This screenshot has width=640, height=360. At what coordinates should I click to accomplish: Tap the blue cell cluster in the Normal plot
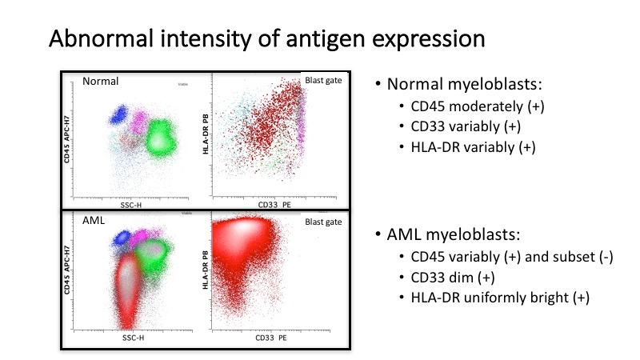pos(119,114)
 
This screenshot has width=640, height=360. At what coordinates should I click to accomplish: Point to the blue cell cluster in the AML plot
pos(120,238)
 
